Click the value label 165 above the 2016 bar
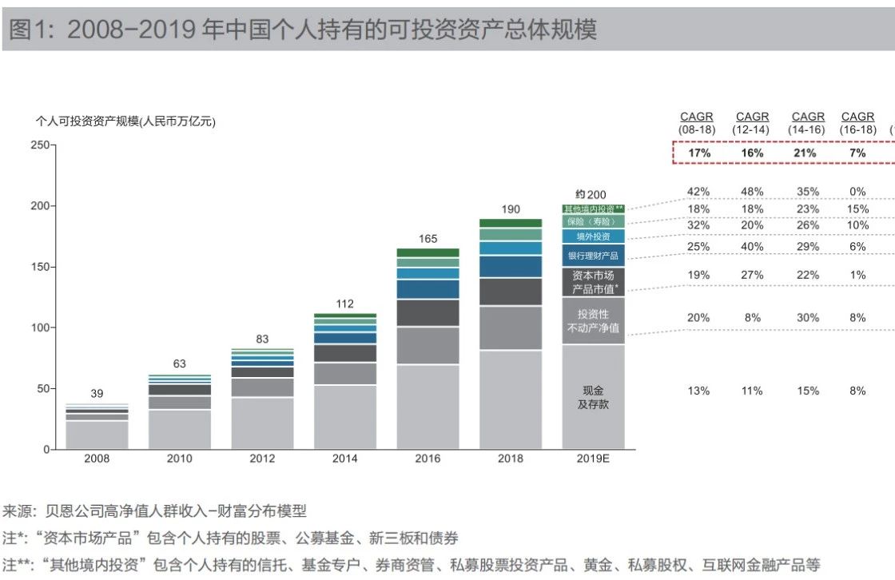pyautogui.click(x=428, y=238)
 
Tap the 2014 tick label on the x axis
pyautogui.click(x=345, y=459)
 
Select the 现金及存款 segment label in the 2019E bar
pyautogui.click(x=593, y=397)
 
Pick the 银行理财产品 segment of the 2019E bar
pyautogui.click(x=593, y=256)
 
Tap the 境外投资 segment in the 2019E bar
pyautogui.click(x=593, y=236)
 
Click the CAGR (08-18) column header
pyautogui.click(x=697, y=123)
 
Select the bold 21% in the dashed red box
pyautogui.click(x=806, y=153)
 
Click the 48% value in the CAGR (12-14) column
pyautogui.click(x=752, y=192)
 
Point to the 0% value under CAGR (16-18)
pyautogui.click(x=857, y=192)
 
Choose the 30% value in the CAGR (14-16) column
pyautogui.click(x=807, y=317)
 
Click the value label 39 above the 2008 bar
pyautogui.click(x=97, y=393)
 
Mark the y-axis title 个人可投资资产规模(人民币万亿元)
pyautogui.click(x=126, y=121)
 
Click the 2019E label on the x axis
pyautogui.click(x=593, y=459)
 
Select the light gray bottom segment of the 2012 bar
pyautogui.click(x=262, y=423)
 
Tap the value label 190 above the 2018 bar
pyautogui.click(x=511, y=209)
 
